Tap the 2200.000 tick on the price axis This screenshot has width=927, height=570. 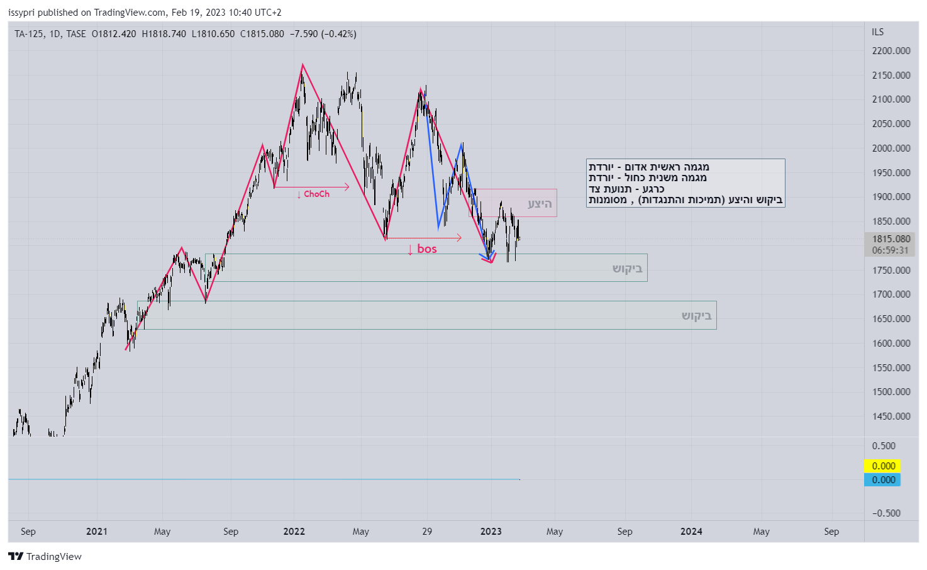891,51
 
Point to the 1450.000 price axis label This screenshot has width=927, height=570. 891,416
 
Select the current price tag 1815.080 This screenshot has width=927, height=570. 891,239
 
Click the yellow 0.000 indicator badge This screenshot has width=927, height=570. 883,466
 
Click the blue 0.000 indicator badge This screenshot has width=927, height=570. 883,480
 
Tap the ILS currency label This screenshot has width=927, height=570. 877,32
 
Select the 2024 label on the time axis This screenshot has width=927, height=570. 691,532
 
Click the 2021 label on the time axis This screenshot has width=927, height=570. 97,532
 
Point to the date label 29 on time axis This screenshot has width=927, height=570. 427,532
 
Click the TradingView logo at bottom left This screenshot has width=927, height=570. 45,557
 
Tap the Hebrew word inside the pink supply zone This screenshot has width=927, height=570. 540,204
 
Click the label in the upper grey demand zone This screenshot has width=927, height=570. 627,269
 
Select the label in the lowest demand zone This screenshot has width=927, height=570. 696,316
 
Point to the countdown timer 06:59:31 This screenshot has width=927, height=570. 890,250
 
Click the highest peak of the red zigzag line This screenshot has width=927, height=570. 303,65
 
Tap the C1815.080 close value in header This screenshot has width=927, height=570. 262,34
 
